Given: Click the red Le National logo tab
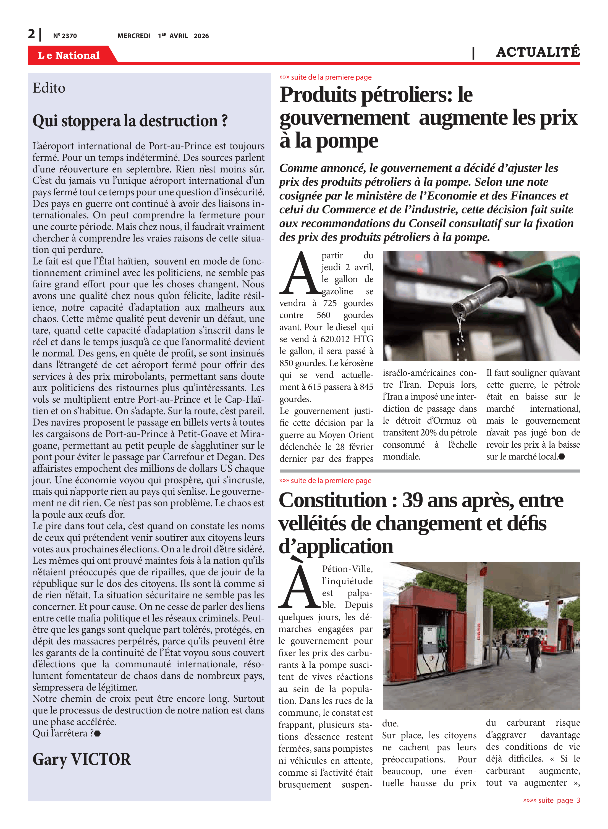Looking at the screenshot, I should (x=69, y=55).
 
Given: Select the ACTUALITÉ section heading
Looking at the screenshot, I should (x=538, y=52).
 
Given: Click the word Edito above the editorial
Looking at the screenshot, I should (x=49, y=88).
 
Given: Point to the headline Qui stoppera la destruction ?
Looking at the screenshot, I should (x=130, y=121).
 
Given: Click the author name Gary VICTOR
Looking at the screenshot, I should (x=82, y=759).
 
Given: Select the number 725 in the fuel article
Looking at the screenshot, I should (x=330, y=303).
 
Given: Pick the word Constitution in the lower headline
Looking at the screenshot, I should (x=333, y=500).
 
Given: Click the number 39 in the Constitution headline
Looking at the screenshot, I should (x=412, y=500).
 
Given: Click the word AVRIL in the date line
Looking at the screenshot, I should (x=179, y=36).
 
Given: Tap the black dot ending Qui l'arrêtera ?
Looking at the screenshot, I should (x=98, y=733).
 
